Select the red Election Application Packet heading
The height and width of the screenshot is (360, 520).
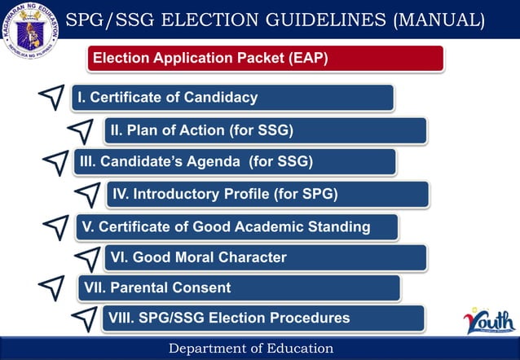coord(266,59)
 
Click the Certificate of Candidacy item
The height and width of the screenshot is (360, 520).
coord(233,98)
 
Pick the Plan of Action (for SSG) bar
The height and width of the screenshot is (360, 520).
coord(265,130)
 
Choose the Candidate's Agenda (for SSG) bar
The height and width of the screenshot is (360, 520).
coord(235,161)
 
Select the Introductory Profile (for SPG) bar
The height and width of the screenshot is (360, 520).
coord(267,194)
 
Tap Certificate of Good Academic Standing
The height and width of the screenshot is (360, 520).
coord(237,226)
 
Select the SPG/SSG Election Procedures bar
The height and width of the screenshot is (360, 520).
coord(262,318)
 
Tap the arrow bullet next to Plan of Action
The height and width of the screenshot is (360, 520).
coord(81,130)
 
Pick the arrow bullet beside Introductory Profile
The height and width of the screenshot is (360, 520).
coord(86,193)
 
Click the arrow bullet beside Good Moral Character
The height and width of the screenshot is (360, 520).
coord(86,257)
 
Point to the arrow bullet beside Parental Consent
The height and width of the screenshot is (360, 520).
coord(51,287)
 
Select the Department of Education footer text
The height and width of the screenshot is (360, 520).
coord(251,349)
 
